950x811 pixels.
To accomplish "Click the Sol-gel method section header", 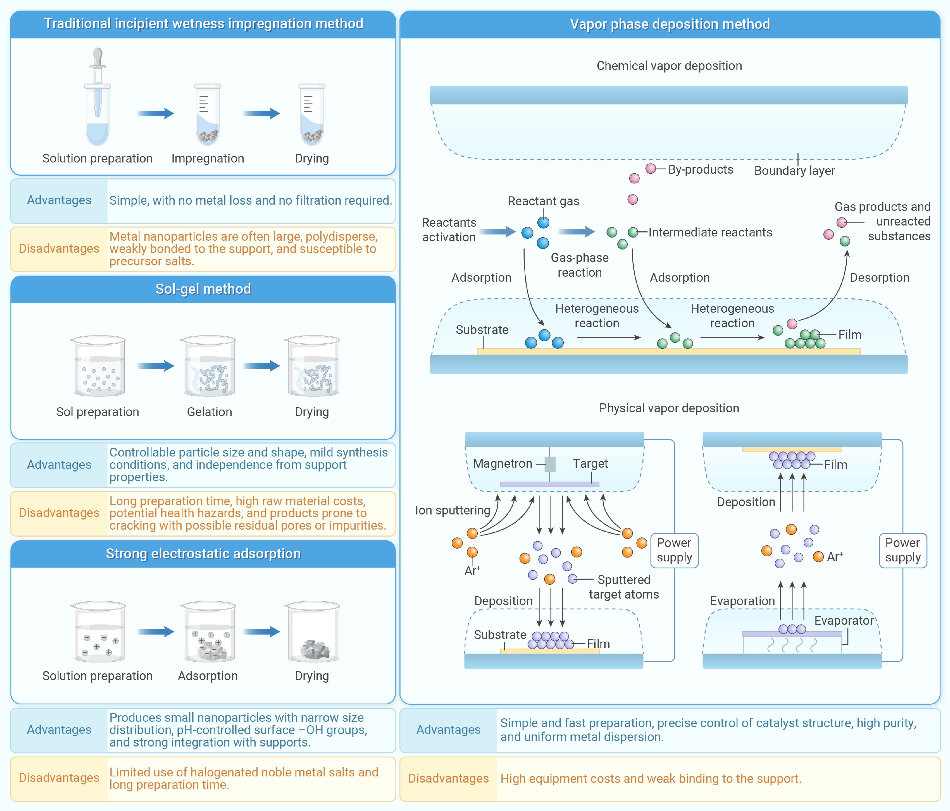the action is [x=203, y=289].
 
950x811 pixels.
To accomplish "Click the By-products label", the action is [x=700, y=169].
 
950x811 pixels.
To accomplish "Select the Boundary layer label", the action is [x=795, y=171].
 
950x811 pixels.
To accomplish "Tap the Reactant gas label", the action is [x=543, y=201].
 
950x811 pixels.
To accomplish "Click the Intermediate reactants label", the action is [x=710, y=232].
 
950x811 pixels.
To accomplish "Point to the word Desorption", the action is [x=879, y=278].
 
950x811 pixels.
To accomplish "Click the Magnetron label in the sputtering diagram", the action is [x=502, y=464].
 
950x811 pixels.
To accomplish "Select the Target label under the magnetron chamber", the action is [x=590, y=464].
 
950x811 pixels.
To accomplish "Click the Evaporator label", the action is [x=844, y=621].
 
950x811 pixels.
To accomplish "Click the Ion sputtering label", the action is [x=452, y=510].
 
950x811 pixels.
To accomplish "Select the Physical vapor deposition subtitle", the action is [x=669, y=408].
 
